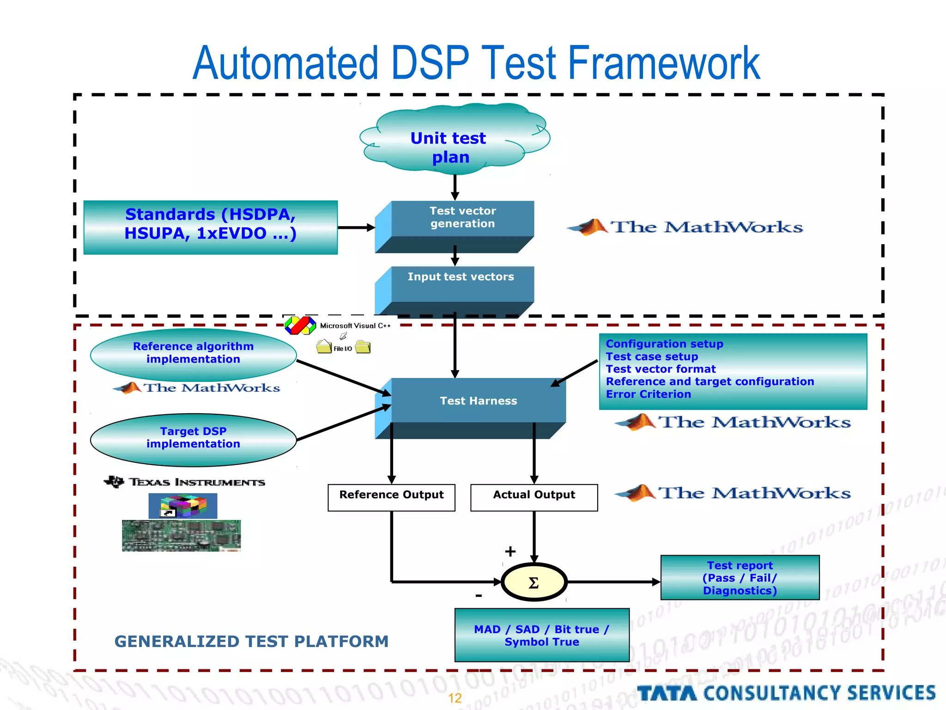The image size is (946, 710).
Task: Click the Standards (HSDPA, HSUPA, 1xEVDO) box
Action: pyautogui.click(x=210, y=226)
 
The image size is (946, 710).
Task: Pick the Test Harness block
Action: pyautogui.click(x=478, y=400)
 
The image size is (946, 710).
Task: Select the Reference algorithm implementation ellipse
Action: pyautogui.click(x=193, y=354)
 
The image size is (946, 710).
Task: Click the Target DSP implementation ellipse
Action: pyautogui.click(x=193, y=438)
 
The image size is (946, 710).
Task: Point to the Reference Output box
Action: pyautogui.click(x=391, y=497)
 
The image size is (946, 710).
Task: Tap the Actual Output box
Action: pyautogui.click(x=534, y=497)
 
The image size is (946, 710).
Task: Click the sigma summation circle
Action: pyautogui.click(x=534, y=582)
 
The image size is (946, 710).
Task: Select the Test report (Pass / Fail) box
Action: pyautogui.click(x=740, y=577)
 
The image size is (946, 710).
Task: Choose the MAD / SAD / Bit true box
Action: pyautogui.click(x=542, y=635)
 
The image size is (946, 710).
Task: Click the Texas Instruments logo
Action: pyautogui.click(x=185, y=482)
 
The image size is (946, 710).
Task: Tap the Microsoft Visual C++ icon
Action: pyautogui.click(x=300, y=325)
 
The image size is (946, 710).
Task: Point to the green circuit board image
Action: pyautogui.click(x=181, y=535)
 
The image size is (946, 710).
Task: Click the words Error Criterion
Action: pyautogui.click(x=648, y=394)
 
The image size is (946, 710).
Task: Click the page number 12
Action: pyautogui.click(x=455, y=698)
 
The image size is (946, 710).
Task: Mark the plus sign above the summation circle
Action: pyautogui.click(x=510, y=551)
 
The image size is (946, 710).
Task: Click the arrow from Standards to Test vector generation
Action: pyautogui.click(x=356, y=227)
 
